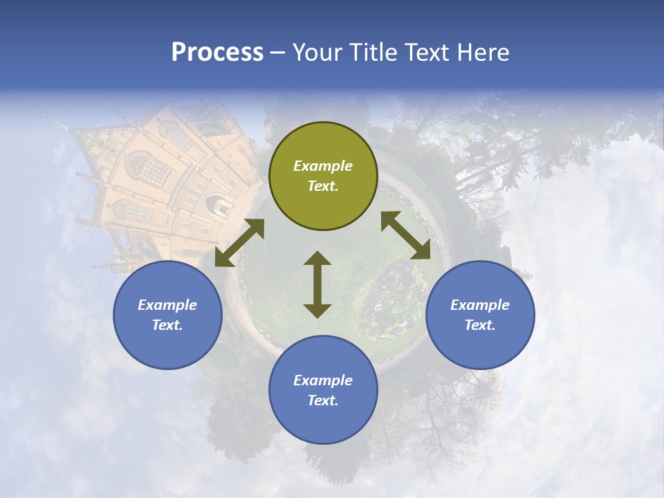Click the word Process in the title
[217, 53]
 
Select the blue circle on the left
[167, 315]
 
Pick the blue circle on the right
[480, 315]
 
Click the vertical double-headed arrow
[317, 284]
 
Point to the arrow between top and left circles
[239, 243]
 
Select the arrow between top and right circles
[405, 235]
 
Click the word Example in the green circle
[323, 166]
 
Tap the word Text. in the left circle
[167, 325]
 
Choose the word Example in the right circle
[480, 305]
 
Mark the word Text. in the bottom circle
[323, 400]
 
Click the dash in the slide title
[278, 53]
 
